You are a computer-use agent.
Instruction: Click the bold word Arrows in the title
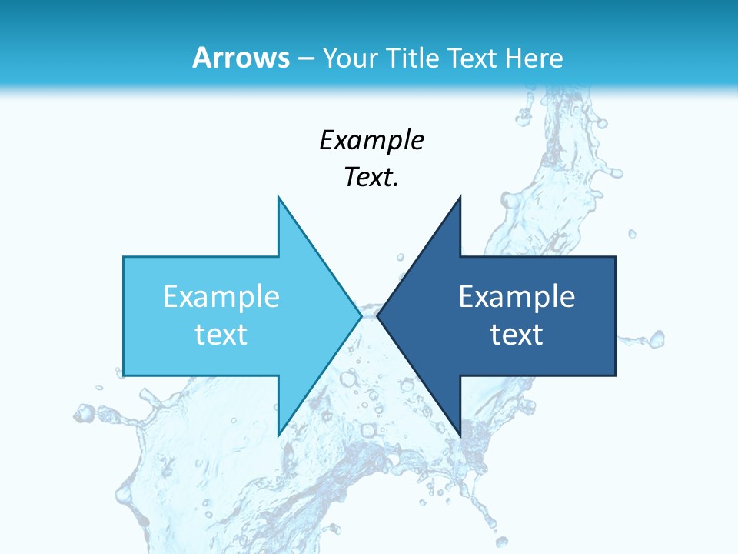[241, 58]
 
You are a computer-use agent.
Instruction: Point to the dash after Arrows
[306, 58]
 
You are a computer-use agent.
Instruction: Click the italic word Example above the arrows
[371, 141]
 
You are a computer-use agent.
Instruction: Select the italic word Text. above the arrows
[371, 178]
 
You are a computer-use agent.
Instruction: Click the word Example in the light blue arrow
[221, 297]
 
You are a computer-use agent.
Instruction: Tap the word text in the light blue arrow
[221, 334]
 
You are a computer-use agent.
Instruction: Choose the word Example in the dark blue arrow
[517, 297]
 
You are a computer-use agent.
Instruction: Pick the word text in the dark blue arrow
[517, 334]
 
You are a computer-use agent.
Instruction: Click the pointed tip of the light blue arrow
[361, 315]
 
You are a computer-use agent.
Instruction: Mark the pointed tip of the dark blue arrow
[377, 315]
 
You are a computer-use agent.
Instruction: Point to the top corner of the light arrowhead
[278, 197]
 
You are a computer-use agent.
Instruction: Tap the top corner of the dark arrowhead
[460, 197]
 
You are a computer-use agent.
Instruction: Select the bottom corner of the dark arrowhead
[460, 436]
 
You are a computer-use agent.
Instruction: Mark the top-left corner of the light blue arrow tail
[124, 257]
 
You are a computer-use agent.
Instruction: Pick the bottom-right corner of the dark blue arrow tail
[615, 375]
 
